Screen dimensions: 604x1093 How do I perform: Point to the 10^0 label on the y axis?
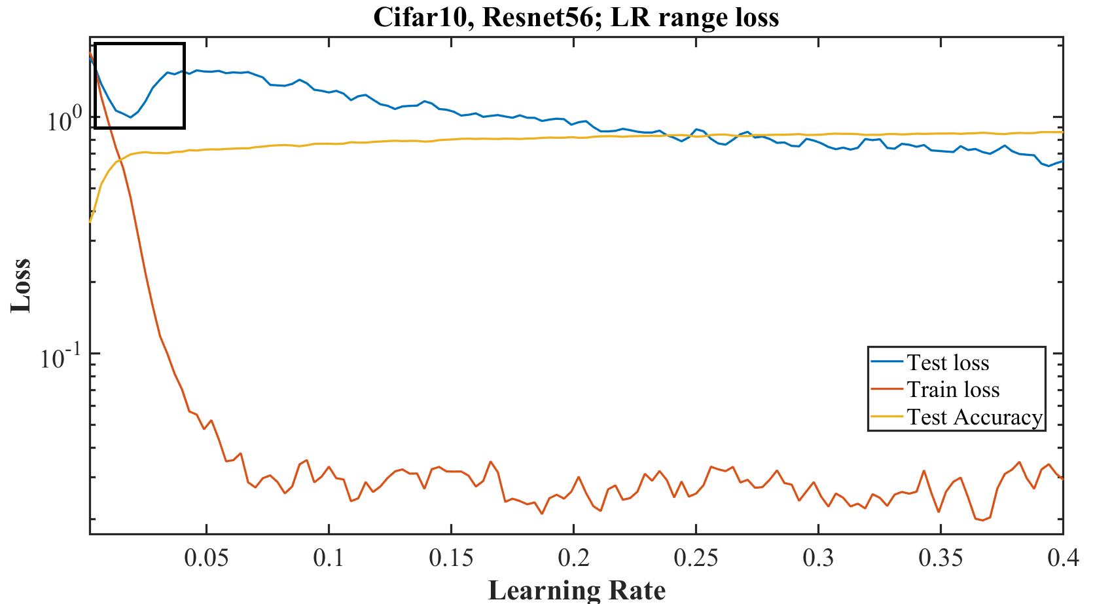(63, 121)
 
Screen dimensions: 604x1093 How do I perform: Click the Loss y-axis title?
(21, 286)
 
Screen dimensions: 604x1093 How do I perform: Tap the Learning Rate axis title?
(577, 590)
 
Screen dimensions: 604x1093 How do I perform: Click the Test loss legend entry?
(947, 362)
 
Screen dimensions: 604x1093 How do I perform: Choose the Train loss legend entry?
(952, 390)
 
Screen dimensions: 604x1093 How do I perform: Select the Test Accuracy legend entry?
(974, 417)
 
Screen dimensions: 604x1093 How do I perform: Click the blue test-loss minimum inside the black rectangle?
(131, 117)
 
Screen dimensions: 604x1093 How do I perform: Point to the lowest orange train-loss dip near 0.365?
(982, 520)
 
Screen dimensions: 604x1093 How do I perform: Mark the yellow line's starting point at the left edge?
(90, 222)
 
